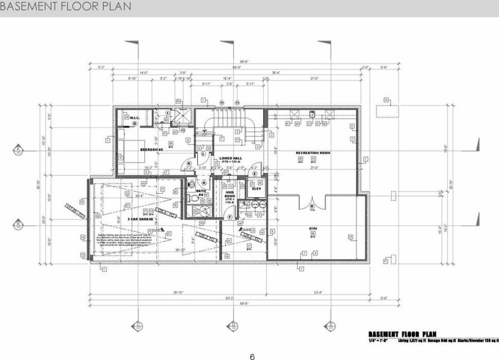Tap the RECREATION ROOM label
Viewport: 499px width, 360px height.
pos(313,153)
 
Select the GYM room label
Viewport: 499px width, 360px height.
pos(312,228)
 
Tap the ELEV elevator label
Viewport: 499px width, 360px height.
pos(257,189)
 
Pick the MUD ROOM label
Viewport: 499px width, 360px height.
pos(230,195)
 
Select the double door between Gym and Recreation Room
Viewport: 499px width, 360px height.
pos(312,203)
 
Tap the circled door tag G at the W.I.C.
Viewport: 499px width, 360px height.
pos(135,124)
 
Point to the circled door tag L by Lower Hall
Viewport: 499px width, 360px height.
pos(203,153)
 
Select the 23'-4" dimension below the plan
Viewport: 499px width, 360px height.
pos(317,292)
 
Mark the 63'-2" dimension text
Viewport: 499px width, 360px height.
pos(229,298)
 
